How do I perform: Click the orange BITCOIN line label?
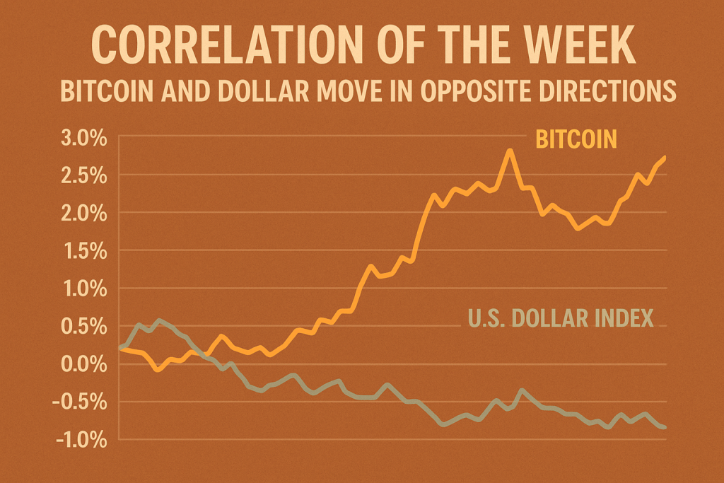click(576, 139)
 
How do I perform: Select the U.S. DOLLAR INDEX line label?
click(560, 318)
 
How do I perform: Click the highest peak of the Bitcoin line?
click(508, 151)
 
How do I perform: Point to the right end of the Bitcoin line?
click(664, 158)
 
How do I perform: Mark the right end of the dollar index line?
click(664, 426)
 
